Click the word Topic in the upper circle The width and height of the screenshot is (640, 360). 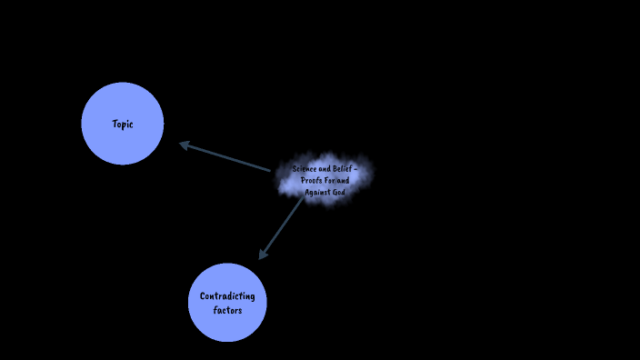click(x=123, y=125)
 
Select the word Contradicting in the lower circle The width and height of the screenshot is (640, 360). click(x=227, y=296)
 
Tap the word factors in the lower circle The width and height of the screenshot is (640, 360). click(x=227, y=310)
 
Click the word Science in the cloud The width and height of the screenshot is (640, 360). click(x=305, y=169)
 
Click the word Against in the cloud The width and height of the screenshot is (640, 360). click(x=317, y=192)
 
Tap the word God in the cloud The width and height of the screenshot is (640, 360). click(x=339, y=192)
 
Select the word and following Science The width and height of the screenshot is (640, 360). click(x=326, y=169)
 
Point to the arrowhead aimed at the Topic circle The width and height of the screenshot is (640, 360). click(x=184, y=145)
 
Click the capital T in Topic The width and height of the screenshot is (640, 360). click(x=115, y=124)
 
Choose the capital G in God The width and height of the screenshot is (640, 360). click(x=335, y=192)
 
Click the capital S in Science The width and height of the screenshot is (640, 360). click(x=295, y=169)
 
